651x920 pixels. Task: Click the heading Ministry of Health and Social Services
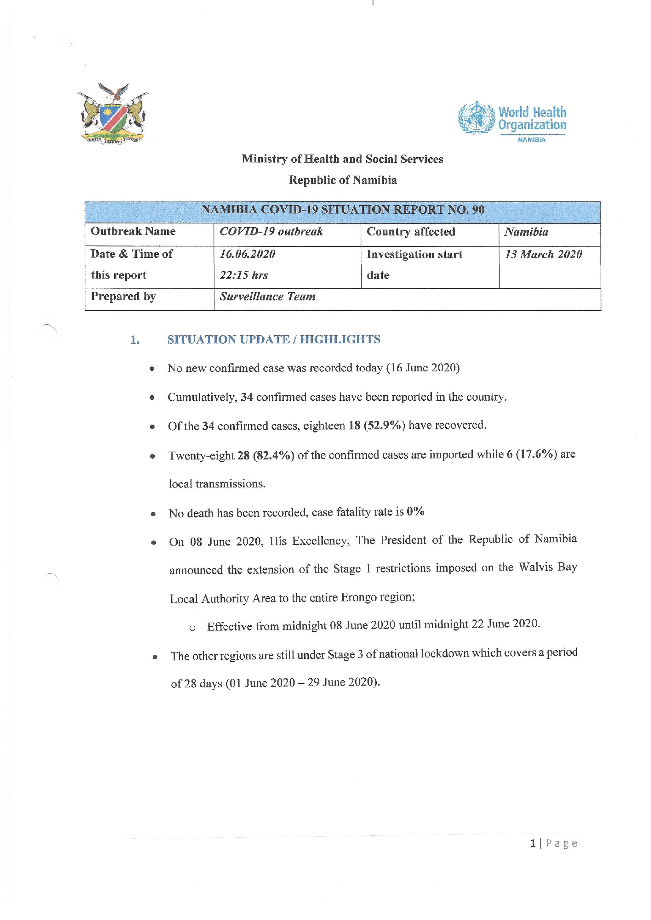pos(342,159)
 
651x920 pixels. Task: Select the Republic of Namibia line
pos(343,180)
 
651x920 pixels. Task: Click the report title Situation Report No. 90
pos(343,210)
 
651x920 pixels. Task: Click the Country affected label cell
pos(411,232)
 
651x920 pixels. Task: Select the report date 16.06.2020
pos(247,254)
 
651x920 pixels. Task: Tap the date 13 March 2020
pos(543,254)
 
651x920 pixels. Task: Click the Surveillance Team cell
pos(267,296)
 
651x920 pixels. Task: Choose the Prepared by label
pos(123,296)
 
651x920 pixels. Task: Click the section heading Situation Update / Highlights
pos(274,339)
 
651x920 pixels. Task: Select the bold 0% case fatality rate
pos(415,512)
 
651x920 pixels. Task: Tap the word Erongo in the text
pos(359,597)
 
